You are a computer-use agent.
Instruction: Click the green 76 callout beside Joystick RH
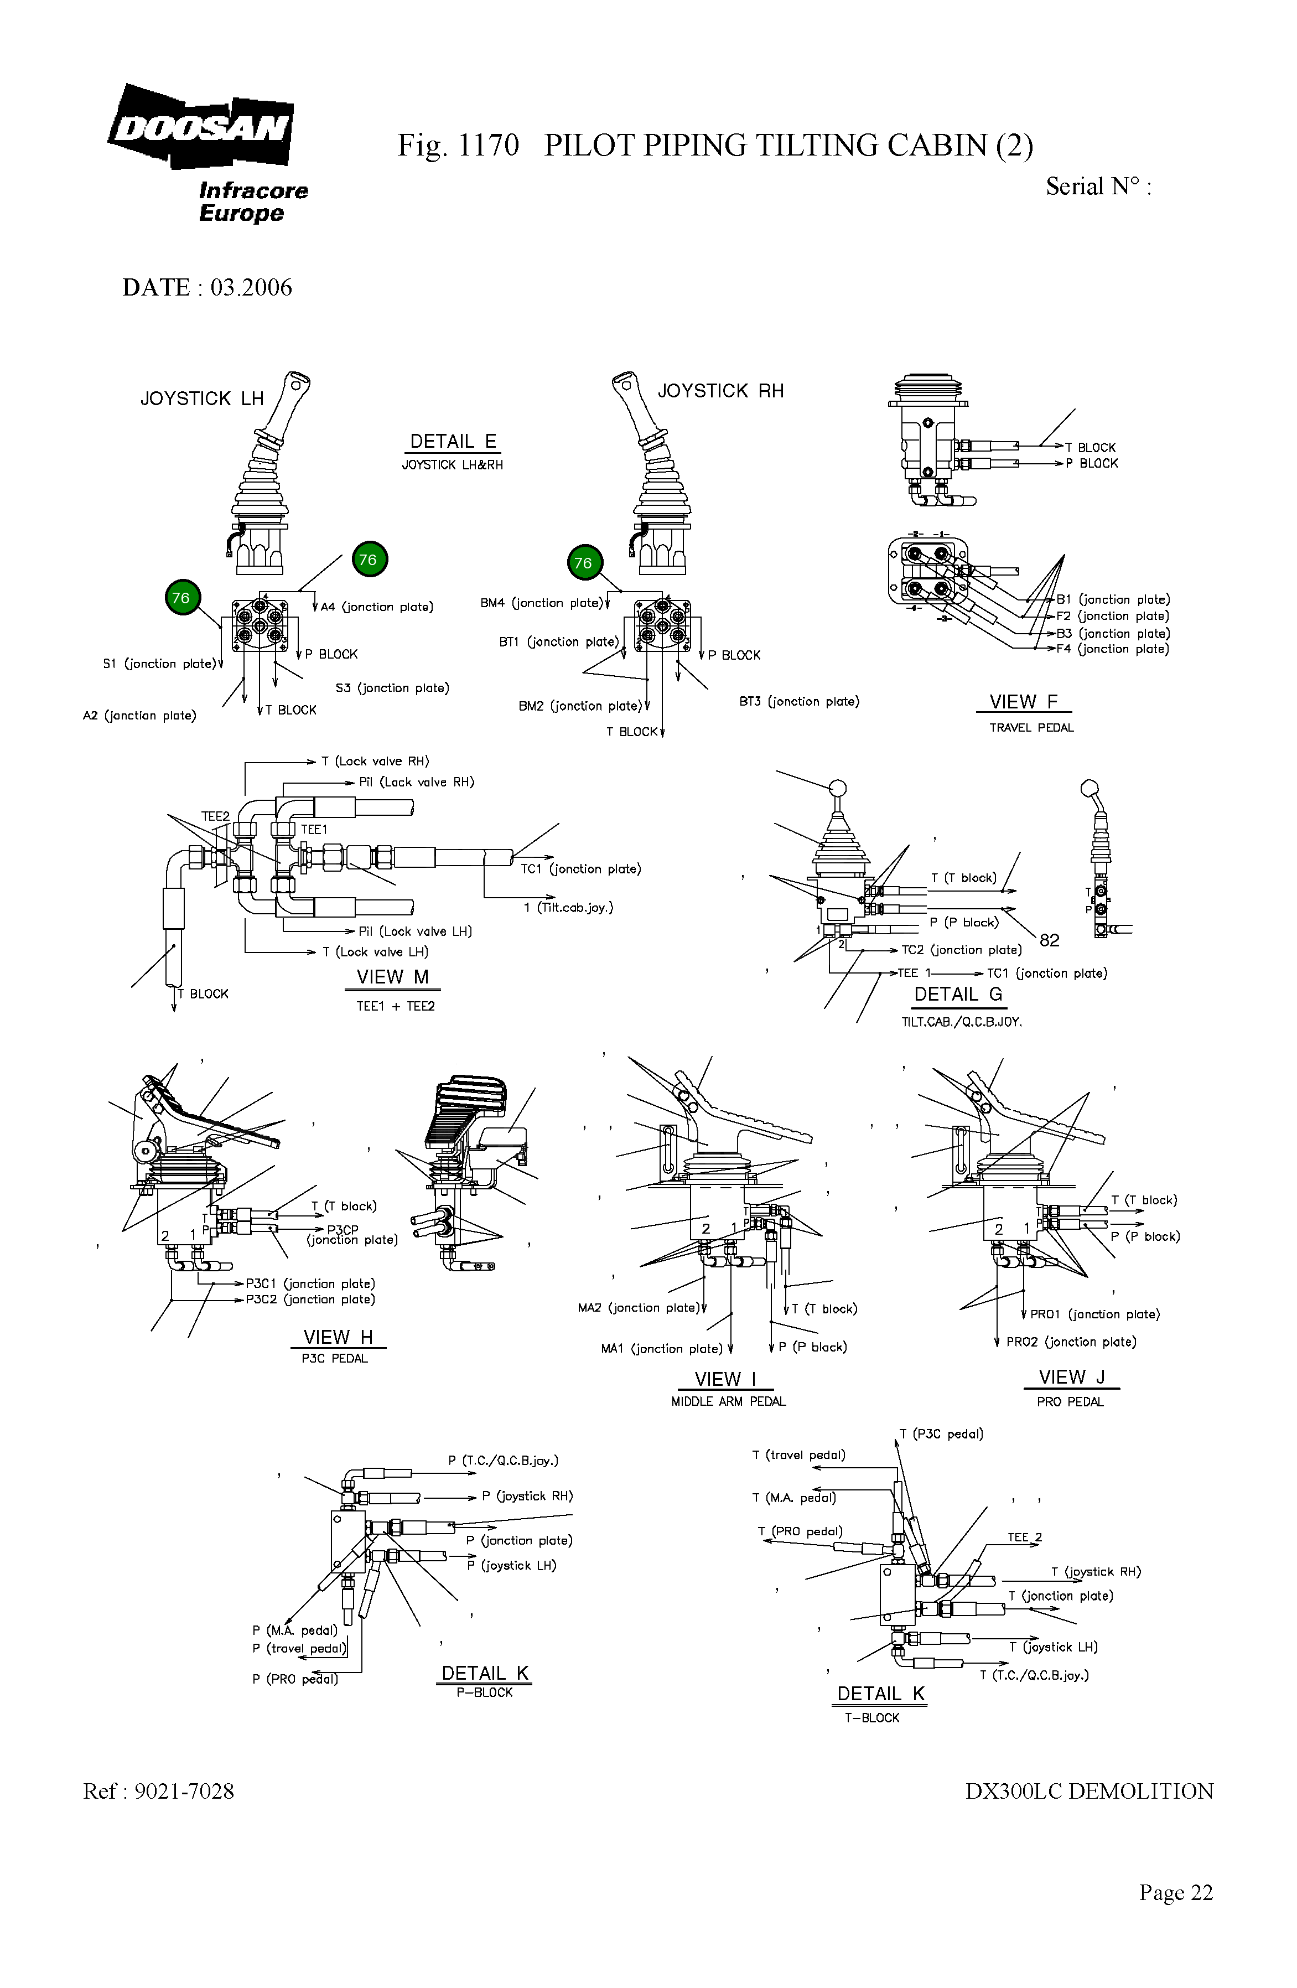[x=583, y=563]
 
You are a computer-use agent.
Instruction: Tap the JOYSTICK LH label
[x=202, y=398]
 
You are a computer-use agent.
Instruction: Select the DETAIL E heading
[x=453, y=441]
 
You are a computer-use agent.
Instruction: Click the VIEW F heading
[x=1023, y=702]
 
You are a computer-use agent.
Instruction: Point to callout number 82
[x=1049, y=940]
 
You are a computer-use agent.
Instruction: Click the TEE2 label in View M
[x=215, y=816]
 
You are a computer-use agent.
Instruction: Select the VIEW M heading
[x=392, y=976]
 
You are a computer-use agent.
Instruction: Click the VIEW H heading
[x=338, y=1337]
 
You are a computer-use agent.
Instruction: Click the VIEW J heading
[x=1071, y=1376]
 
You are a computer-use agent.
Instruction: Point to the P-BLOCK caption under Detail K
[x=484, y=1692]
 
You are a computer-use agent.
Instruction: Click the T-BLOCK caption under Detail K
[x=871, y=1717]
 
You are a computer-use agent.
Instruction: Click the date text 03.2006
[x=251, y=287]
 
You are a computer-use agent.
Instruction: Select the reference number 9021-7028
[x=184, y=1791]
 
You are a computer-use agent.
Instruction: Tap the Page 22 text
[x=1175, y=1892]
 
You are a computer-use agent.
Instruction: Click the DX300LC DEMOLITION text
[x=1089, y=1791]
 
